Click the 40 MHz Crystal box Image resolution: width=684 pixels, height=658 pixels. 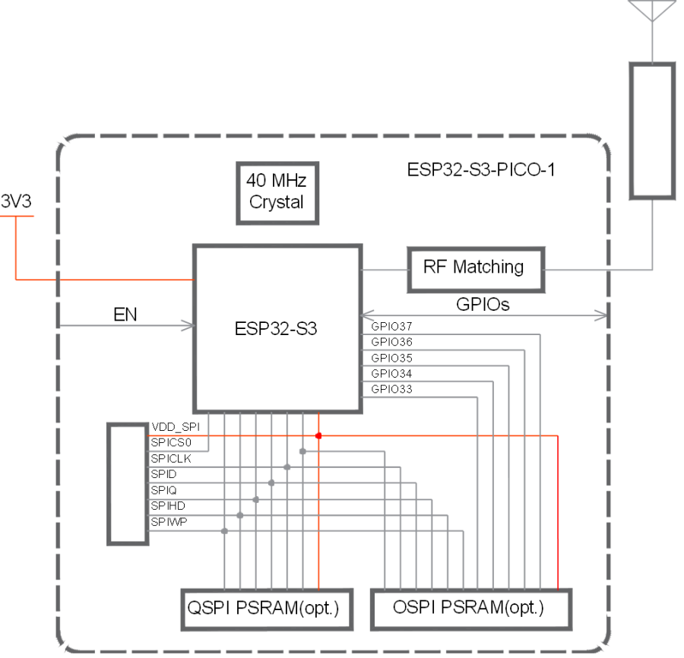pyautogui.click(x=277, y=193)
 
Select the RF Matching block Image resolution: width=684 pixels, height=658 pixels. pyautogui.click(x=473, y=268)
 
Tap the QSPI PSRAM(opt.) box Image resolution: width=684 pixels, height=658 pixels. pyautogui.click(x=267, y=609)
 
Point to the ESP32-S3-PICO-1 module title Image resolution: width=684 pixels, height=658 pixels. pyautogui.click(x=481, y=169)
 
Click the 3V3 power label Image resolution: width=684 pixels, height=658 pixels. pyautogui.click(x=16, y=202)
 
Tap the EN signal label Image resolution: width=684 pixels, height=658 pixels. pyautogui.click(x=125, y=314)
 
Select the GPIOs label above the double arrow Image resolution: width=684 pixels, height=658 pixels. pyautogui.click(x=483, y=304)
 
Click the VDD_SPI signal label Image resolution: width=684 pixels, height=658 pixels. pyautogui.click(x=175, y=428)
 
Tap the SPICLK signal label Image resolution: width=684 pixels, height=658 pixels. pyautogui.click(x=170, y=459)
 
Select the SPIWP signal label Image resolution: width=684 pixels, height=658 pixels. pyautogui.click(x=168, y=522)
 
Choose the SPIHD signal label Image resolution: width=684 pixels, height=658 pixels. pyautogui.click(x=168, y=506)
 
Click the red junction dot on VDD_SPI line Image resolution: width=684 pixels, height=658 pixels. pyautogui.click(x=318, y=436)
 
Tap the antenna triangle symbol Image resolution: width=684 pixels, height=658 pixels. pyautogui.click(x=651, y=10)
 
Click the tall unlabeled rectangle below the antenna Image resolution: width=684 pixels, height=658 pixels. pyautogui.click(x=651, y=131)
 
